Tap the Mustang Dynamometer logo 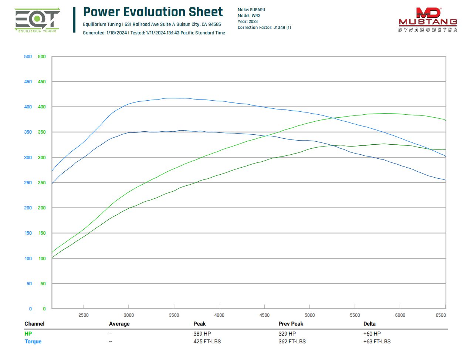tap(428, 20)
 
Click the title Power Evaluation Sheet tap(153, 12)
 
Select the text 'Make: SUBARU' tap(251, 10)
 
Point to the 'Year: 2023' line tap(247, 21)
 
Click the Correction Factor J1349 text tap(264, 27)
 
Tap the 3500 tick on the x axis tap(174, 315)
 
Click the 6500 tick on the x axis tap(441, 315)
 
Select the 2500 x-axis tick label tap(84, 315)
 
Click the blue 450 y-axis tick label tap(28, 82)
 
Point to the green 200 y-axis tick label tap(42, 208)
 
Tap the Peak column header tap(199, 324)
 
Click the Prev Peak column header tap(291, 324)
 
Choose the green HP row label tap(28, 334)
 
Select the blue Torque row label tap(33, 342)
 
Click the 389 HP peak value tap(202, 334)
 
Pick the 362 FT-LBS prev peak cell tap(292, 342)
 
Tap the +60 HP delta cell tap(372, 334)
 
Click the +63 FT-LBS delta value tap(377, 342)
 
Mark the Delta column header tap(369, 324)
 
